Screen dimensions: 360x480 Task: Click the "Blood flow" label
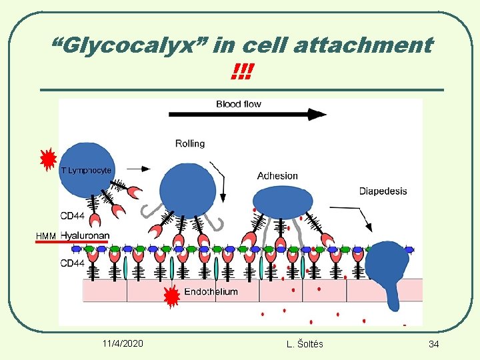238,104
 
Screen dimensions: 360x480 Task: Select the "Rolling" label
190,143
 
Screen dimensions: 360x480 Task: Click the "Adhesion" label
277,176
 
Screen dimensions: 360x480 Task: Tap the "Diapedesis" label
383,191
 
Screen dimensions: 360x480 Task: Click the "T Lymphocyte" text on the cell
86,171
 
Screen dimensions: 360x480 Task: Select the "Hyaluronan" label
85,235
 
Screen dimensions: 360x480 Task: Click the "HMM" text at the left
46,236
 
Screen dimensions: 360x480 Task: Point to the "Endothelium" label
211,292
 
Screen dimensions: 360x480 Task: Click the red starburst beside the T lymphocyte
47,160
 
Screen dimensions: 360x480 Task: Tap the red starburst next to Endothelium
171,297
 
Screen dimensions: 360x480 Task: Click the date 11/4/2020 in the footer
123,343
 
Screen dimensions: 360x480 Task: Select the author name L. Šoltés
304,343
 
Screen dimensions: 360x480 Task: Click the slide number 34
433,343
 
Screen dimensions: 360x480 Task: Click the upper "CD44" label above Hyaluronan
72,216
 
